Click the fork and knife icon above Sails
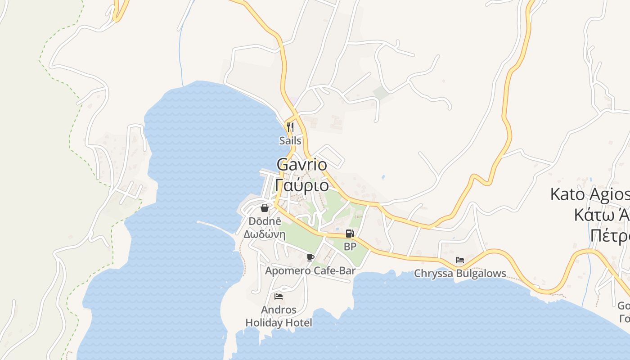point(290,127)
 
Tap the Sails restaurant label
point(290,140)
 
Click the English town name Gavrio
point(302,164)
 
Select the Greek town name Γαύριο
point(302,185)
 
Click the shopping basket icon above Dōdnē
point(265,208)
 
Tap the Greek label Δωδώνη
point(265,234)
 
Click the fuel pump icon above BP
point(350,234)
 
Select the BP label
point(350,247)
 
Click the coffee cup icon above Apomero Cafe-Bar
point(310,257)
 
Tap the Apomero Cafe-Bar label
point(310,271)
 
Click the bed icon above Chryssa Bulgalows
point(459,260)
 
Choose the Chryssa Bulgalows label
point(460,274)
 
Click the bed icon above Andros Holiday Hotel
point(279,297)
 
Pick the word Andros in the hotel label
point(279,310)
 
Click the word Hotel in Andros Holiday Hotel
point(299,323)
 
